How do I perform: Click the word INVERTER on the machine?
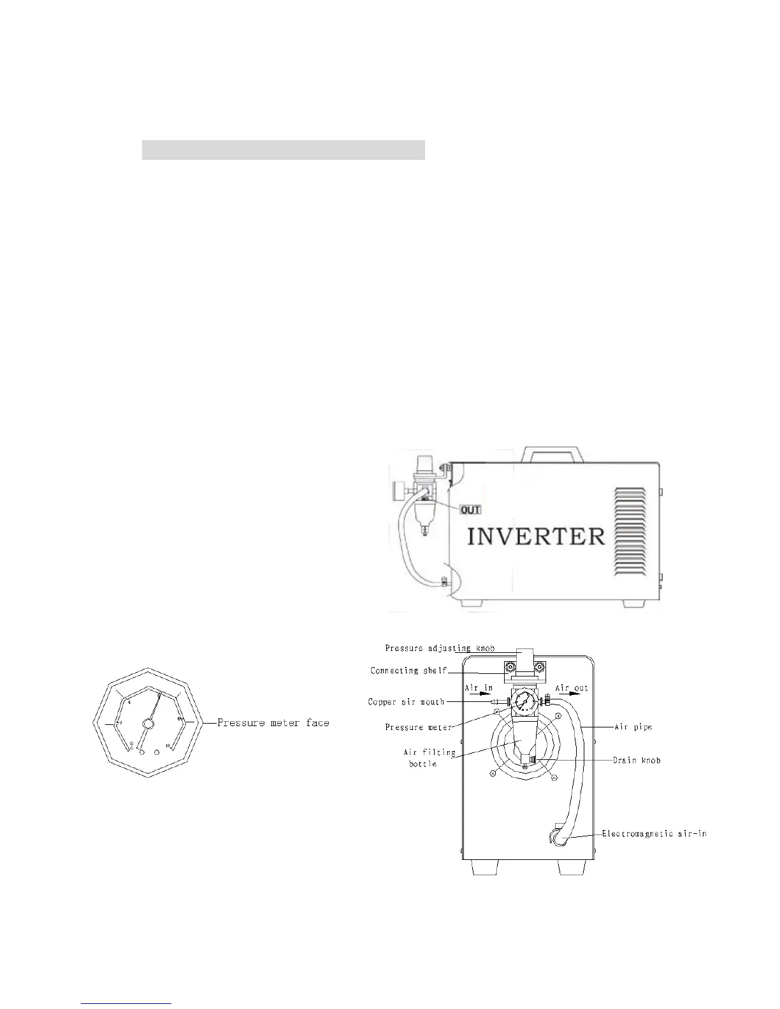coord(536,536)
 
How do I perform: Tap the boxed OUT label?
coord(470,510)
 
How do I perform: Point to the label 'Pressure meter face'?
coord(273,723)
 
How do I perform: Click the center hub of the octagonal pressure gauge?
coord(148,723)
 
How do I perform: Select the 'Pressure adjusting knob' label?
coord(439,648)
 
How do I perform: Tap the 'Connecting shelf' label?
coord(408,671)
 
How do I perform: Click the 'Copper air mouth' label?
coord(406,702)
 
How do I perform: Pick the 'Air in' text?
coord(478,689)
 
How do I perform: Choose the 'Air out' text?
coord(572,689)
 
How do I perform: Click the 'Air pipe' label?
coord(633,727)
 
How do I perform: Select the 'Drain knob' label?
coord(637,760)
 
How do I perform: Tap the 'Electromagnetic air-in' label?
coord(654,834)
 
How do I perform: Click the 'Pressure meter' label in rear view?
coord(418,727)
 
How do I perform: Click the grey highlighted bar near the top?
coord(283,150)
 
